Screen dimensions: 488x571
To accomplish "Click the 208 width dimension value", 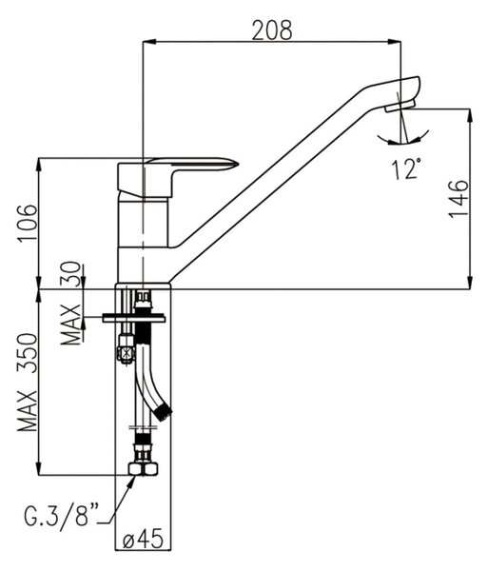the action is click(x=272, y=30).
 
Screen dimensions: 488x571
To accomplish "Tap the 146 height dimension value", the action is click(x=458, y=199).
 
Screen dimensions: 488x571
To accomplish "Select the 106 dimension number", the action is click(x=28, y=222).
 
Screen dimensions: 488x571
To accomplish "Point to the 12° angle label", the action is click(x=406, y=168).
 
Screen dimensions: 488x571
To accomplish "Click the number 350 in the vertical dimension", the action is click(x=28, y=353).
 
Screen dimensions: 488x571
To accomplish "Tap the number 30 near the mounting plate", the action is click(x=70, y=274).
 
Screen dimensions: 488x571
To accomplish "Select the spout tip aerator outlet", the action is click(x=400, y=106).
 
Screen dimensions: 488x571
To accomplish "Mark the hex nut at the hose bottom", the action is click(x=144, y=468).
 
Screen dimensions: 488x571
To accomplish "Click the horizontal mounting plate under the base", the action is click(x=133, y=318).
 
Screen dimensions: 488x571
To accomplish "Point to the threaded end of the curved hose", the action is click(x=164, y=413).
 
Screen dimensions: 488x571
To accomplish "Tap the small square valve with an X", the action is click(x=125, y=353).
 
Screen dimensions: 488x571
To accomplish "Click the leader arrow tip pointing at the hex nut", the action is click(x=135, y=476).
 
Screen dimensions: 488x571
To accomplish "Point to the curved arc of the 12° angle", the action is click(x=402, y=140).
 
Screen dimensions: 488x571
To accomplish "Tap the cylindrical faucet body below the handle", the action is click(x=144, y=241).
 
